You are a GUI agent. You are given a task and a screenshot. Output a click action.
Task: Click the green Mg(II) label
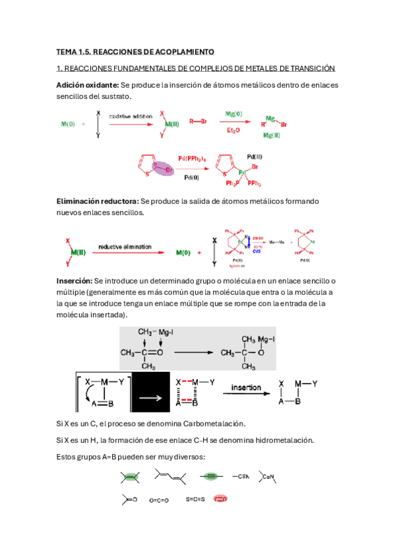pyautogui.click(x=272, y=134)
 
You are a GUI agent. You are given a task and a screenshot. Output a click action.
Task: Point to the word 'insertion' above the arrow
pyautogui.click(x=245, y=388)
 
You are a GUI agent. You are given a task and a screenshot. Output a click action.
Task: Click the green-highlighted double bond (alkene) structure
pyautogui.click(x=129, y=477)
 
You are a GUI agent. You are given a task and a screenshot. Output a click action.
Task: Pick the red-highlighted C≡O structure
pyautogui.click(x=220, y=499)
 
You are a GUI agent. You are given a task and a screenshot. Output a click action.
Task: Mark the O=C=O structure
pyautogui.click(x=159, y=500)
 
